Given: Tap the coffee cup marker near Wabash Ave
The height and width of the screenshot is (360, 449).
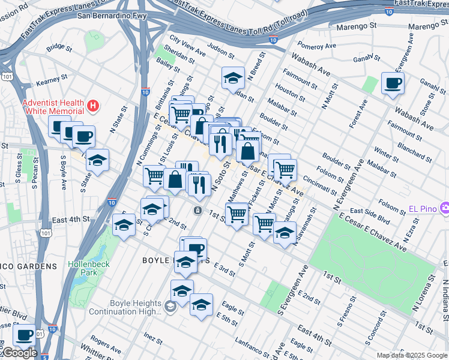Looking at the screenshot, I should click(x=393, y=83).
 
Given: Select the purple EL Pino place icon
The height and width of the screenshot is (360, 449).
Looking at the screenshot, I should click(x=444, y=208).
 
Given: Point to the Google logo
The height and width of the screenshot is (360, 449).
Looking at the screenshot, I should click(x=19, y=353).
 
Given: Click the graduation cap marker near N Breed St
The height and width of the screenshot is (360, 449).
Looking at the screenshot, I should click(x=233, y=77).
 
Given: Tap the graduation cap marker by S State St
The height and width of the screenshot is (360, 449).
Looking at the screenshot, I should click(x=97, y=160).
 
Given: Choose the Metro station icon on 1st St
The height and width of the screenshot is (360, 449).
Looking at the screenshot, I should click(x=197, y=211).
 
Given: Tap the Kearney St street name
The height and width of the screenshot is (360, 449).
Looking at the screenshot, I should click(x=52, y=79).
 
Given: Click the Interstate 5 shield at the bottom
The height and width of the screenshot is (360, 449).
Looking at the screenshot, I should click(x=46, y=357).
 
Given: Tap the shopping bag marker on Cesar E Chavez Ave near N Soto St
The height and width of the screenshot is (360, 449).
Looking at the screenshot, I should click(x=247, y=151).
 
